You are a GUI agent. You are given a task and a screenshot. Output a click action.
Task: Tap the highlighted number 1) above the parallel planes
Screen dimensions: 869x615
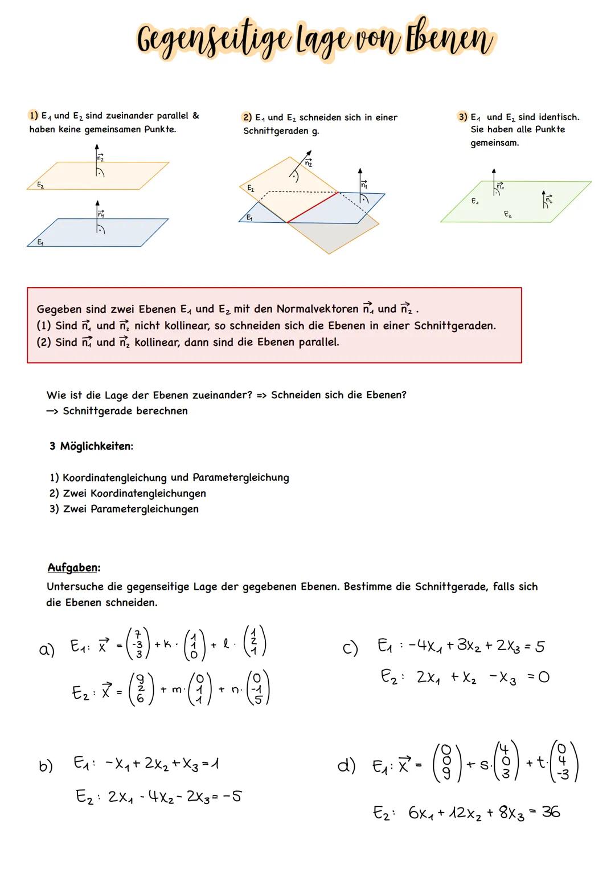[x=34, y=116]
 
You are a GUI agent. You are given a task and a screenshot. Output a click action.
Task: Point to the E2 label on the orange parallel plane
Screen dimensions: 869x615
[x=40, y=185]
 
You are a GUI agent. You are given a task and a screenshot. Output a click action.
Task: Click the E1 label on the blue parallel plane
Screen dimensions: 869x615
[x=40, y=242]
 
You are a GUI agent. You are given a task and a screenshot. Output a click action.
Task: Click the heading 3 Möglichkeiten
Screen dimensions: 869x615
[x=91, y=446]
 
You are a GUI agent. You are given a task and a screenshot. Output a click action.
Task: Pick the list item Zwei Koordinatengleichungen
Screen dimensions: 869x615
[x=134, y=493]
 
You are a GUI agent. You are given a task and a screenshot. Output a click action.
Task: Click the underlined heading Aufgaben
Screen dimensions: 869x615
[x=73, y=568]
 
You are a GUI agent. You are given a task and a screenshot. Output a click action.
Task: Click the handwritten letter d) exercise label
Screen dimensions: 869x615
[x=347, y=765]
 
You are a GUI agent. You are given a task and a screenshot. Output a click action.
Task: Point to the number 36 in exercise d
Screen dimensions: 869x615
[x=551, y=812]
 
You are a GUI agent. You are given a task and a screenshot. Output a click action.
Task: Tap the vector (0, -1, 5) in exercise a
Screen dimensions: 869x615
[x=257, y=688]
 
